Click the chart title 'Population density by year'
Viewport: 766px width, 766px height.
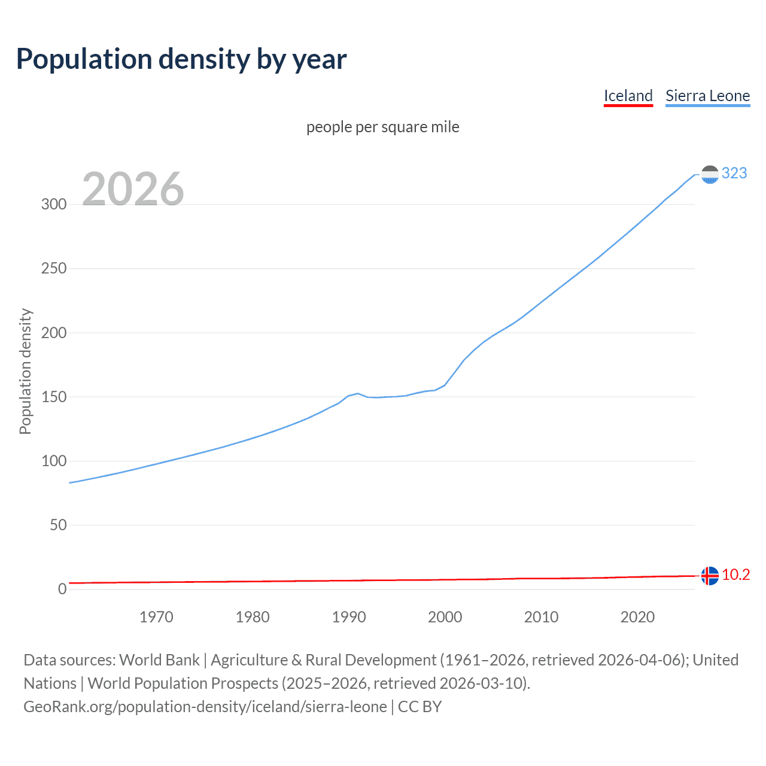(181, 59)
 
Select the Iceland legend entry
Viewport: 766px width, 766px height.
(628, 96)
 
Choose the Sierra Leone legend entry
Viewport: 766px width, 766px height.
(707, 96)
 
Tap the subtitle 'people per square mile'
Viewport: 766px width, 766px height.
(383, 127)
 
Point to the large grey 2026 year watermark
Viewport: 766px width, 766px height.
(133, 189)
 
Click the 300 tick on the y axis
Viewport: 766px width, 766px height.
(54, 204)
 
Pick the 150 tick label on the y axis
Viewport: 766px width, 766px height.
(54, 397)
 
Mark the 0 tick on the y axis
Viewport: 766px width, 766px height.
(62, 589)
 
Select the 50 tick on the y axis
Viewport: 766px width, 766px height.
(58, 525)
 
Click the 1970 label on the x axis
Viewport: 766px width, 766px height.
(156, 617)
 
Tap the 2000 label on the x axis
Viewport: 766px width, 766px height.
(445, 617)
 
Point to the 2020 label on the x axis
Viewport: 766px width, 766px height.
(637, 617)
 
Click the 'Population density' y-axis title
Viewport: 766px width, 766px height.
(25, 371)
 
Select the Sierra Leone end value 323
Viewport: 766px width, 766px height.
(734, 174)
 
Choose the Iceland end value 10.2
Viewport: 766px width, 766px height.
(735, 575)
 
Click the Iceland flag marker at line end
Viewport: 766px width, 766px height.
(710, 576)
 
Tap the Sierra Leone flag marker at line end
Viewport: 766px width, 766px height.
(710, 175)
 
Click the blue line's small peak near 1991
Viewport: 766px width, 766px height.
(358, 394)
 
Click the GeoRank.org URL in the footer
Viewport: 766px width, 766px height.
(205, 707)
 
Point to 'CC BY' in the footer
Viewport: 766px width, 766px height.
(420, 707)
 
